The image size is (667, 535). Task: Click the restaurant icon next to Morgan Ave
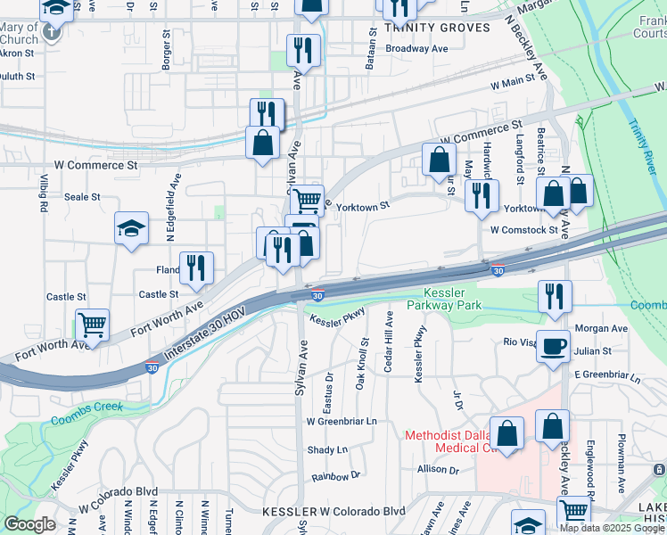pos(554,298)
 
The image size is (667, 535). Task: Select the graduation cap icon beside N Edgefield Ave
pos(131,228)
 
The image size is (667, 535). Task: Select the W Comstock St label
pos(523,229)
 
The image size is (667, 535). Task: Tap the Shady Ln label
pos(327,450)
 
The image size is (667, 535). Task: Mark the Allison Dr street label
pos(437,469)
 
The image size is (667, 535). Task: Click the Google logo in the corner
pos(29,524)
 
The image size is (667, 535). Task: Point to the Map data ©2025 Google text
pos(612,528)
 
